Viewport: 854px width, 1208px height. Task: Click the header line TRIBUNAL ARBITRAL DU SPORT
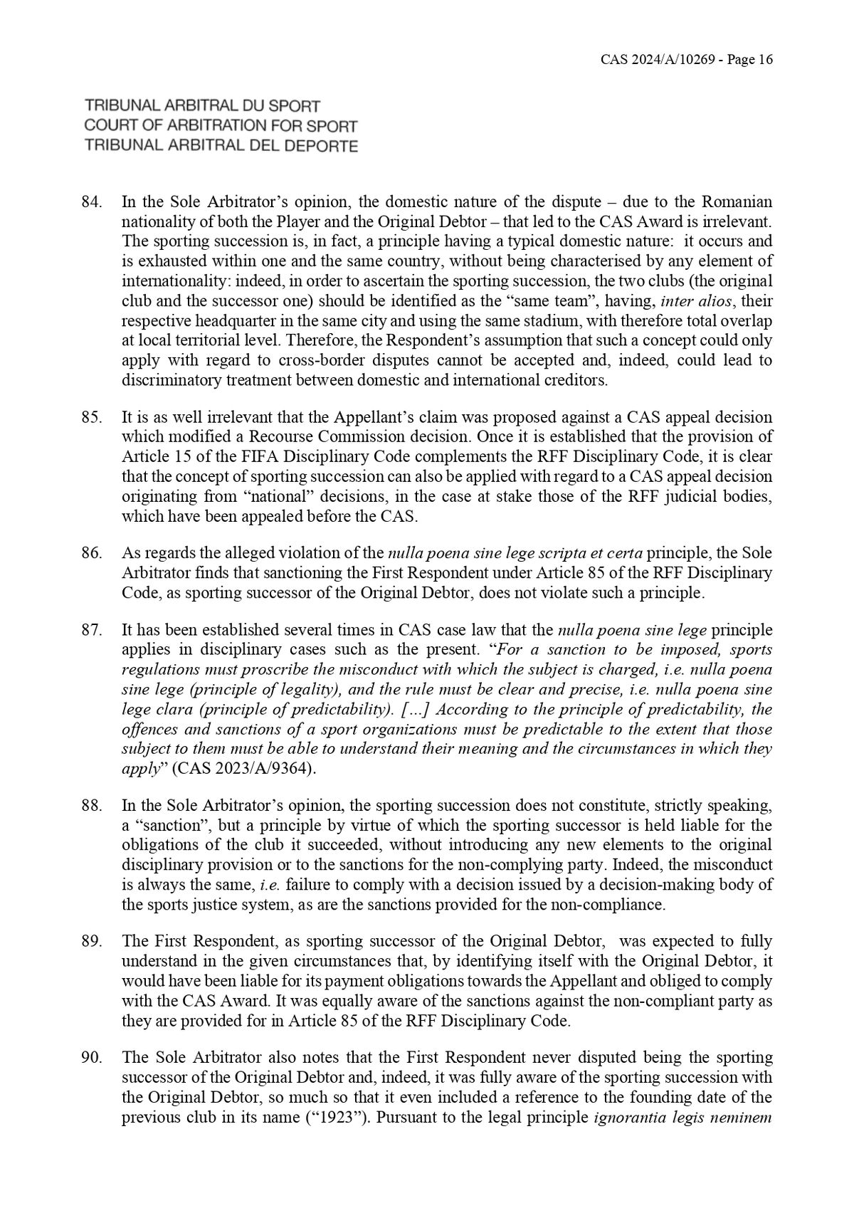click(x=203, y=106)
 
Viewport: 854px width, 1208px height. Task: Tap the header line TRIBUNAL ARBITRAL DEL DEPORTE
click(x=221, y=146)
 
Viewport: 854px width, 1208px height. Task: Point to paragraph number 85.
click(x=93, y=416)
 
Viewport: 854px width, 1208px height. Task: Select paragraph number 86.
click(x=93, y=552)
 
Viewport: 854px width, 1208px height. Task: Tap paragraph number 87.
click(x=93, y=630)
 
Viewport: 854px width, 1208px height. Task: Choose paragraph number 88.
click(x=93, y=806)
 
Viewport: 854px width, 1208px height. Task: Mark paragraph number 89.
click(x=93, y=941)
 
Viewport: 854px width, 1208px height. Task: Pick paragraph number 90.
click(x=93, y=1058)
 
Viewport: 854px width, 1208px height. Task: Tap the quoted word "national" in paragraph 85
click(x=228, y=496)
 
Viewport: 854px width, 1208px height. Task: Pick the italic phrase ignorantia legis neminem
click(x=683, y=1117)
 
